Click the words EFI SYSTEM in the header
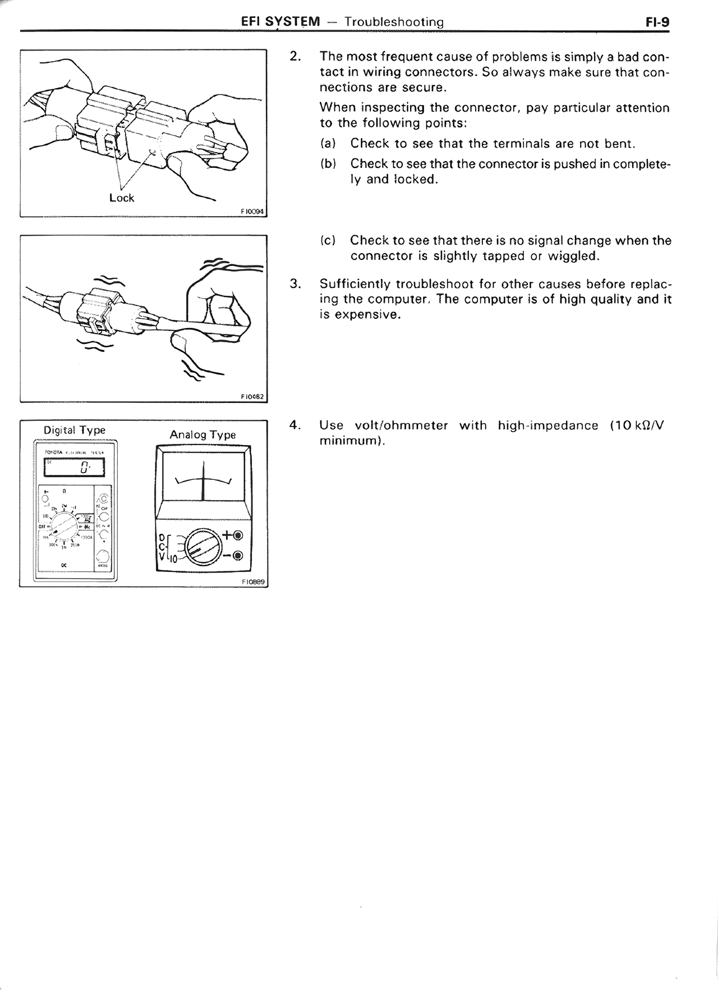point(280,22)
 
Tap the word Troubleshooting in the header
point(394,22)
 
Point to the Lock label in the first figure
point(122,198)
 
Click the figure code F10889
point(253,582)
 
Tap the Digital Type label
point(75,430)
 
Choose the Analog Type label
point(202,434)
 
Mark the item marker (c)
point(328,241)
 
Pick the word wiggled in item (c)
point(573,256)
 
